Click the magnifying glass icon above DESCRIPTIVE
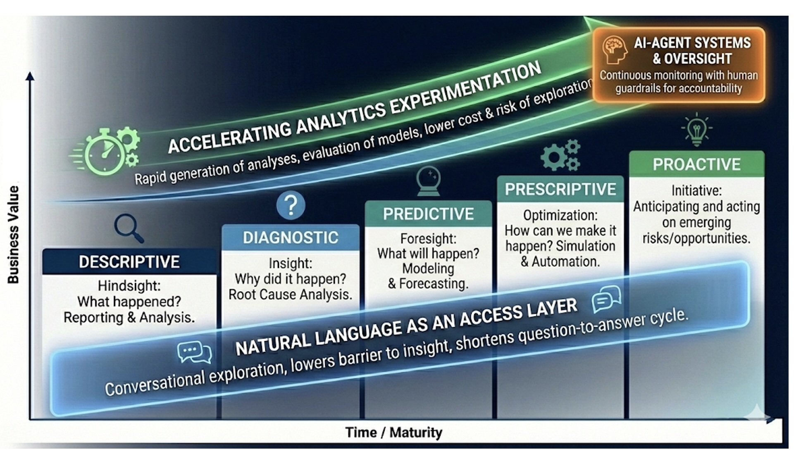[x=129, y=228]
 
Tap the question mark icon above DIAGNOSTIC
[x=291, y=205]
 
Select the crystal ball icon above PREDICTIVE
[x=428, y=181]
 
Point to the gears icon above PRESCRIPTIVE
[x=560, y=155]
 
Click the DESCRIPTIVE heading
[x=129, y=262]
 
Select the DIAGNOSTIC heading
[x=291, y=238]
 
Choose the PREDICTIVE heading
[x=428, y=214]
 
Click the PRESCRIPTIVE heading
[x=560, y=189]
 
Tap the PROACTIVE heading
[x=696, y=164]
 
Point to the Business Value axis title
[x=14, y=234]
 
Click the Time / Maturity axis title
[x=393, y=432]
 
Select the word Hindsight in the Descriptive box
[x=129, y=286]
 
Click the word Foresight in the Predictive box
[x=428, y=238]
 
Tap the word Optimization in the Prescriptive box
[x=560, y=215]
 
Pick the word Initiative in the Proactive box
[x=696, y=190]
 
